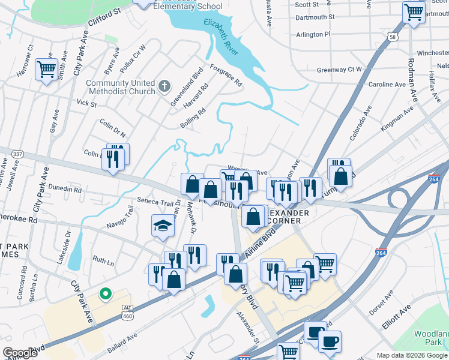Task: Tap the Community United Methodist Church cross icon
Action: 165,88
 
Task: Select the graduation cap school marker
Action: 163,226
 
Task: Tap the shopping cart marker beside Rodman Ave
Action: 414,12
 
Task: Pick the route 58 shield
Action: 393,37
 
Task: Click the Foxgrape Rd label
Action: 226,74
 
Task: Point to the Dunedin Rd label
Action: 65,189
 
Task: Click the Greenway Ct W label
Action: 339,70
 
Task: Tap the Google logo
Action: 19,353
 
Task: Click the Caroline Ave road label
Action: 388,85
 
